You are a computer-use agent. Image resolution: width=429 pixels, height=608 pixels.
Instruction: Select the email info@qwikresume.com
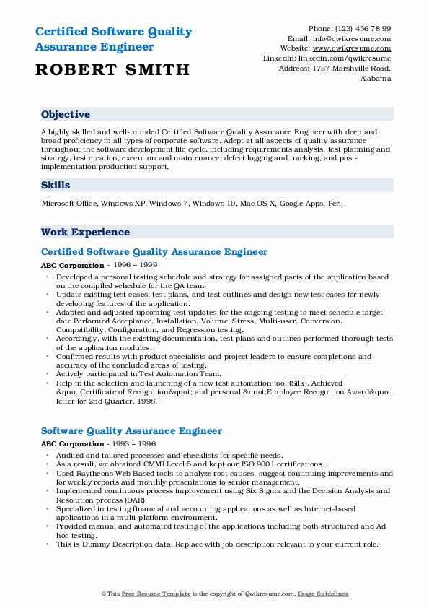(x=359, y=38)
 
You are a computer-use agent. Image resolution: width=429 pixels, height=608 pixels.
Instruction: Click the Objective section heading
(x=66, y=114)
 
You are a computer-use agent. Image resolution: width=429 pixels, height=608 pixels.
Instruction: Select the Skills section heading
(x=56, y=186)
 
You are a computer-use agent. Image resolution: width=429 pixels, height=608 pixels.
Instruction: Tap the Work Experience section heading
(x=85, y=232)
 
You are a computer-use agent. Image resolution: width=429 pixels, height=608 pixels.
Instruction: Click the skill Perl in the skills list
(x=335, y=204)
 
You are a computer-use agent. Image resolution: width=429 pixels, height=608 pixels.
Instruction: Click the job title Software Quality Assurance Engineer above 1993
(x=131, y=431)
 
